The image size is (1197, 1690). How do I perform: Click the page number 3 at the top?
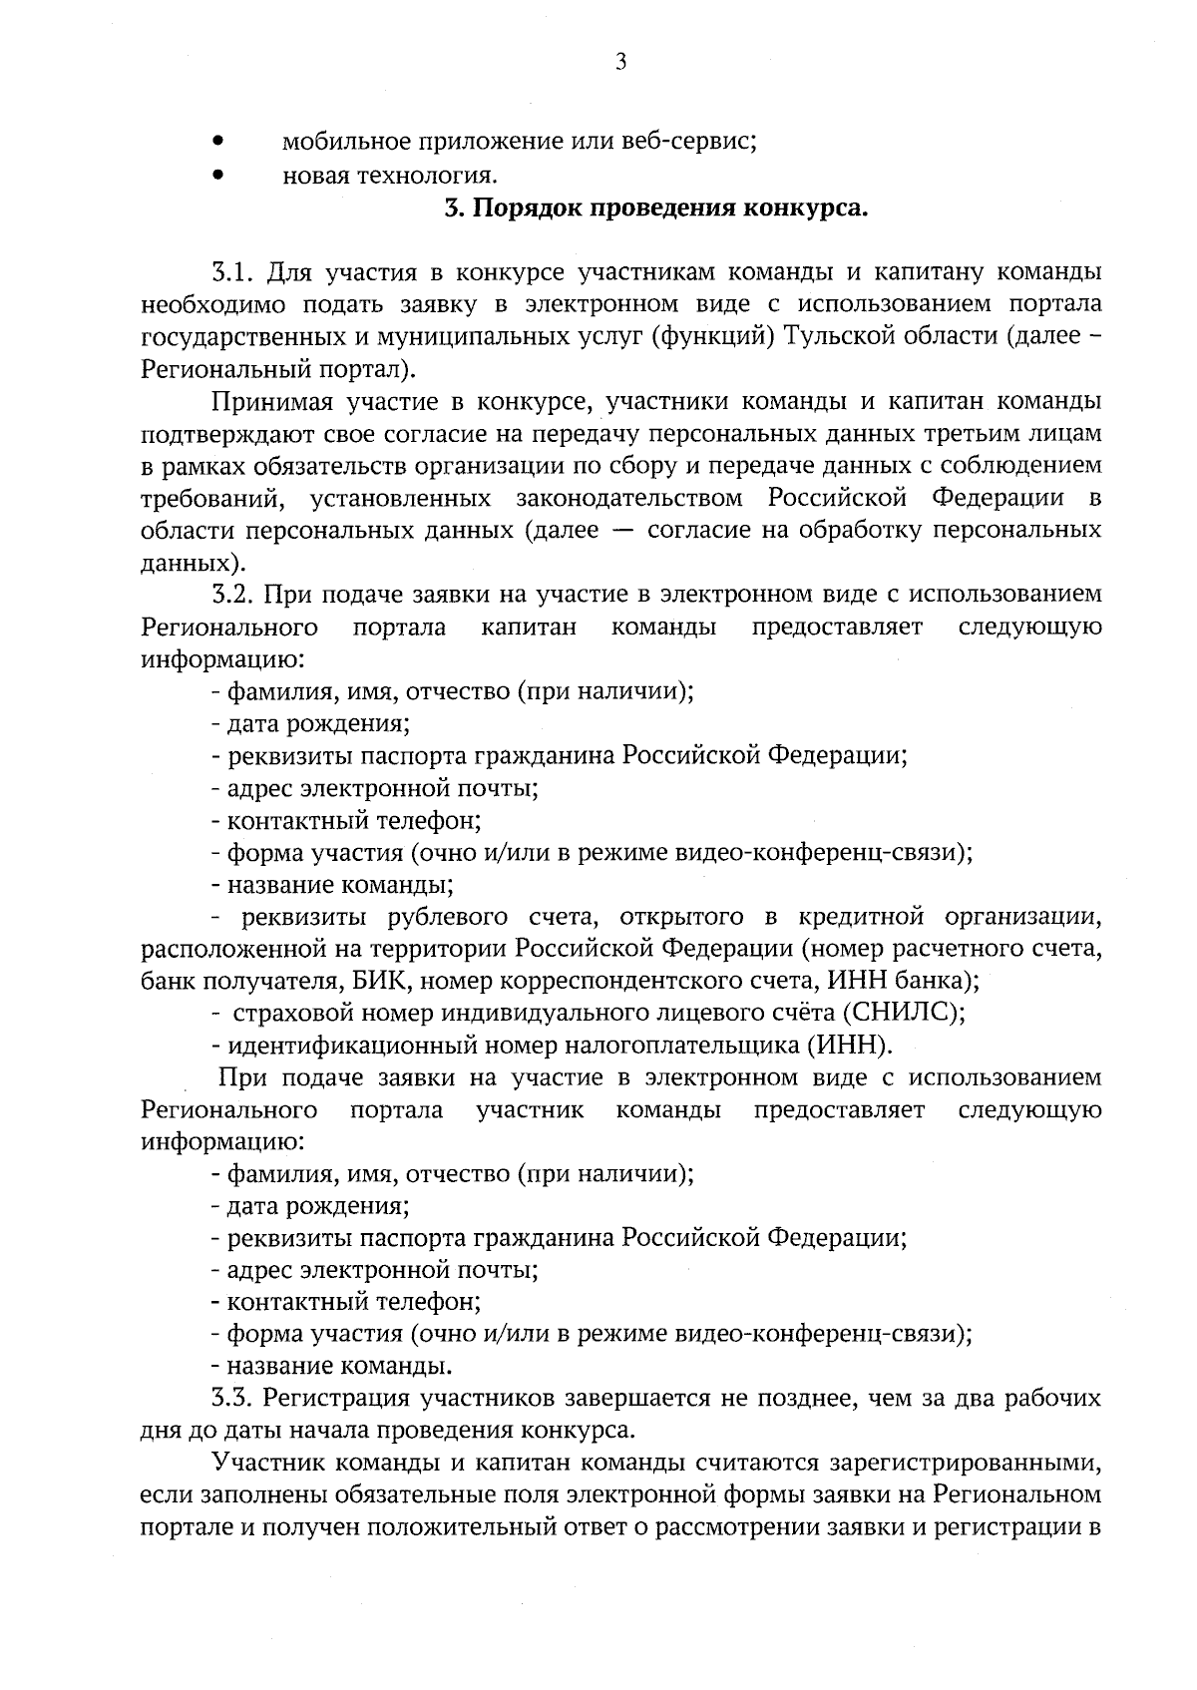pyautogui.click(x=620, y=63)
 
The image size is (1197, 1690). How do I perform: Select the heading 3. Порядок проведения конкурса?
pyautogui.click(x=655, y=210)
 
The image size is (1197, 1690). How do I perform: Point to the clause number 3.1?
pyautogui.click(x=234, y=272)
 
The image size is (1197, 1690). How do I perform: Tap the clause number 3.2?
pyautogui.click(x=234, y=595)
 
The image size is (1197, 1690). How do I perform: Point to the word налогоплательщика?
pyautogui.click(x=681, y=1046)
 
